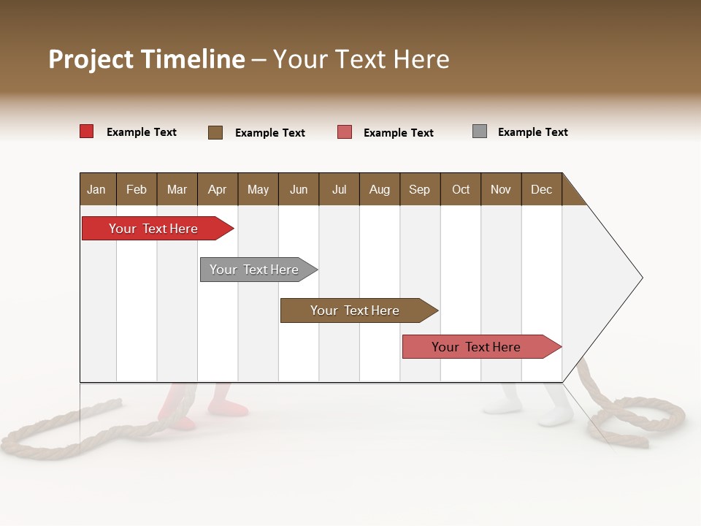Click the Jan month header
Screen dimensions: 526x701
[96, 189]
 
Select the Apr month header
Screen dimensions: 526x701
[217, 189]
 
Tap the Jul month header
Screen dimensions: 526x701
[339, 189]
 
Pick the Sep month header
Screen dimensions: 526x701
[419, 189]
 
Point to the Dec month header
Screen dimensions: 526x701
[541, 189]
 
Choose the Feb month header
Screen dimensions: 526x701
[137, 189]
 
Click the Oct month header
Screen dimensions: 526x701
[461, 189]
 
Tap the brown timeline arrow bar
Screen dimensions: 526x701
[356, 310]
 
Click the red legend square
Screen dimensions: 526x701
[86, 131]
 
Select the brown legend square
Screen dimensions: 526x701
[215, 132]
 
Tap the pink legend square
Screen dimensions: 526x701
[345, 132]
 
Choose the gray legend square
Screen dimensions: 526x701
[479, 131]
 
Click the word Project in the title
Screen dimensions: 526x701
[91, 59]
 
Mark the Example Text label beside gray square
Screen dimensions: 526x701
[532, 132]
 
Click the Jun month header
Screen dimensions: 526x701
[299, 189]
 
